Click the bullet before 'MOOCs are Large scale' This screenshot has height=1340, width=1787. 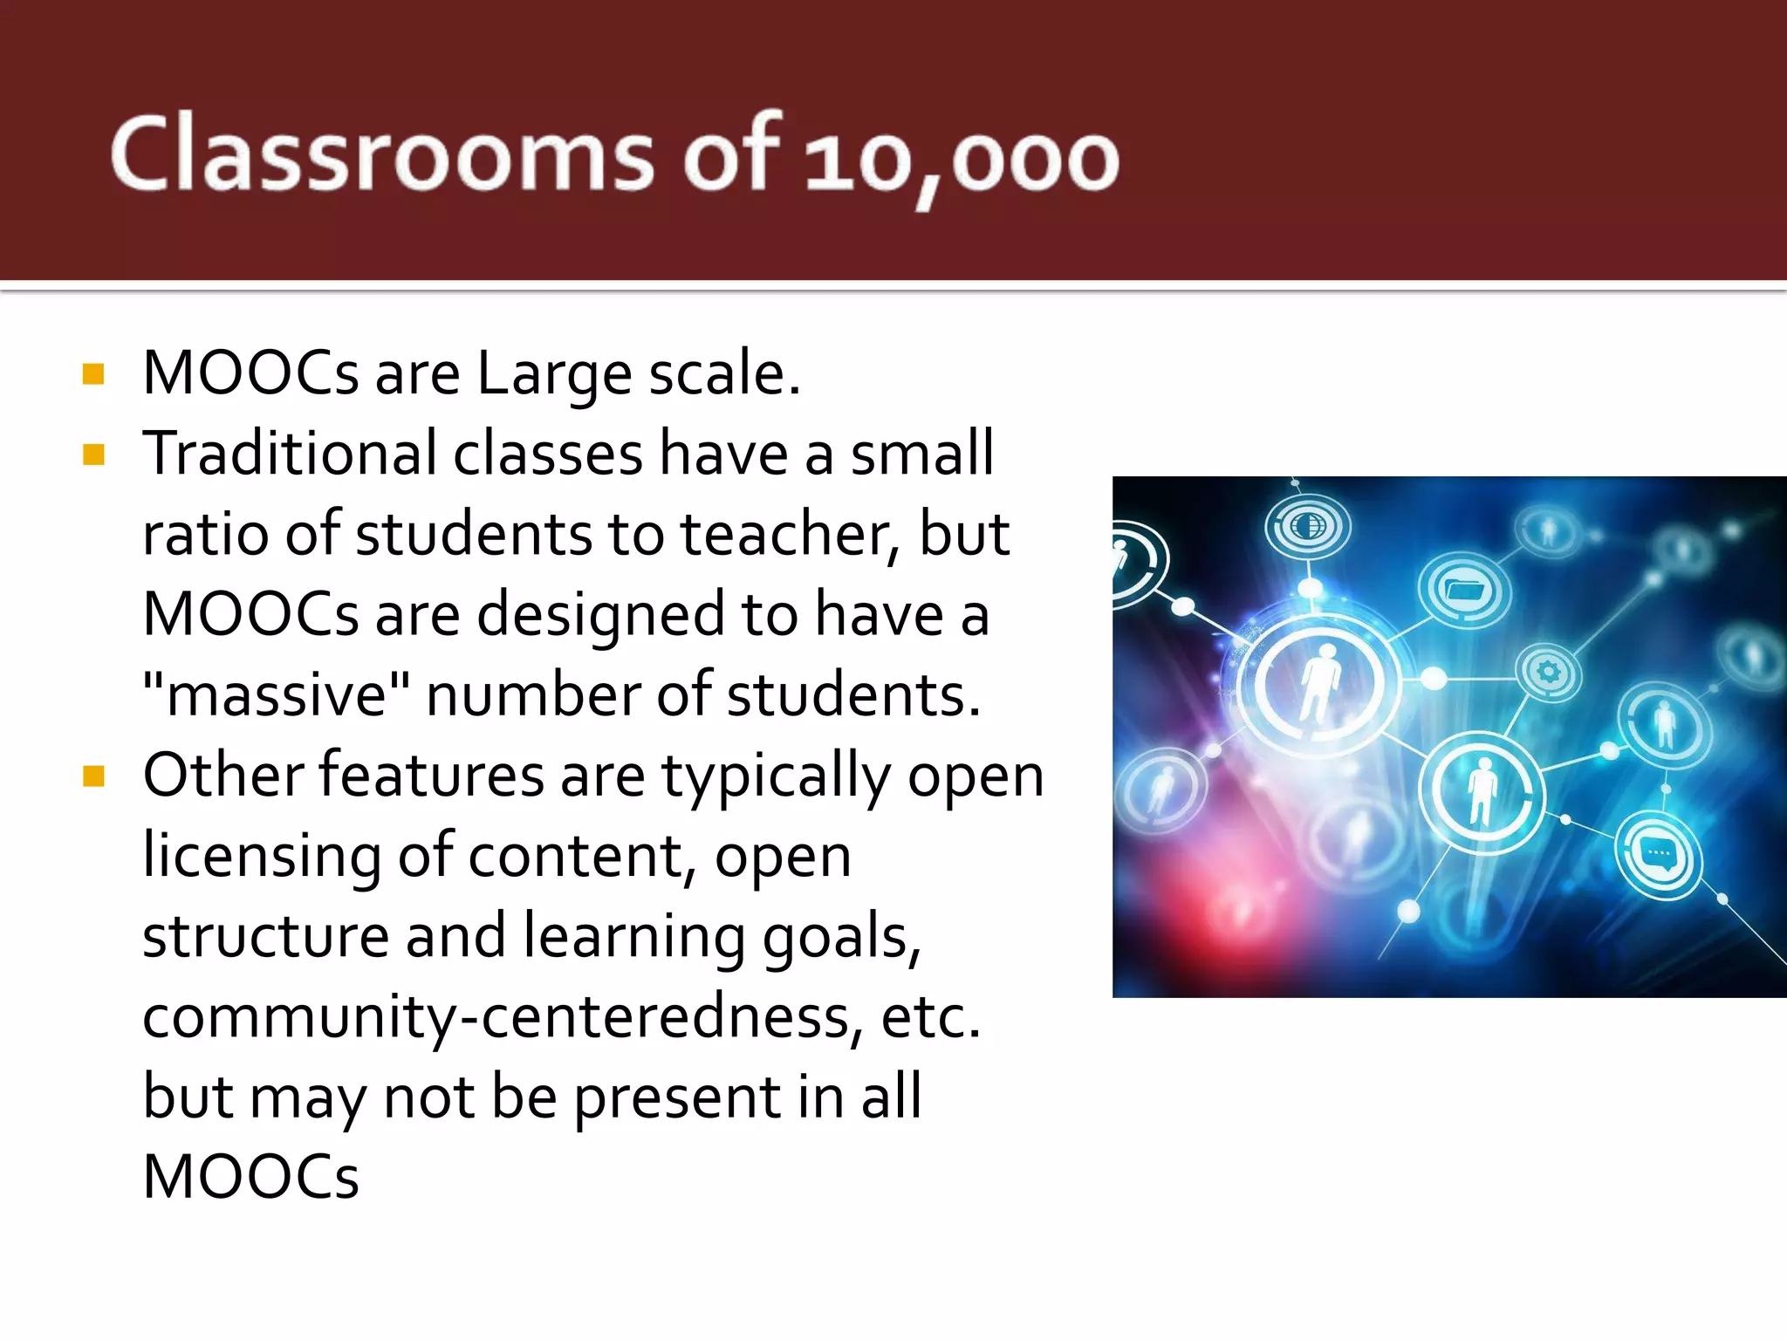(x=93, y=374)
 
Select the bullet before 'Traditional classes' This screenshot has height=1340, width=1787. (x=93, y=455)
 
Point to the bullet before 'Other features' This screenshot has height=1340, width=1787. (x=93, y=776)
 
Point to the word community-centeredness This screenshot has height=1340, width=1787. (x=503, y=1017)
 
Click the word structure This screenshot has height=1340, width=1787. (x=265, y=936)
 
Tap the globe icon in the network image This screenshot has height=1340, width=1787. (x=1307, y=526)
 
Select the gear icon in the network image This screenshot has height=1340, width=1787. (x=1549, y=672)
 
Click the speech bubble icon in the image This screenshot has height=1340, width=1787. (x=1657, y=856)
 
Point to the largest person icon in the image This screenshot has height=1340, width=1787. (x=1321, y=682)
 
